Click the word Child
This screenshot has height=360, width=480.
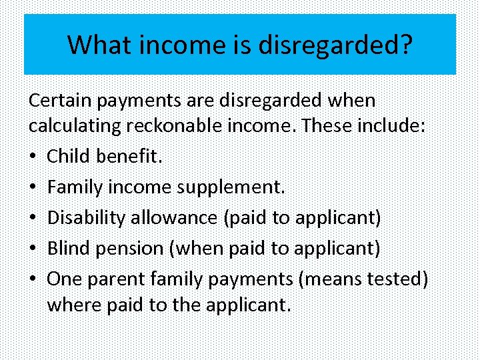(x=69, y=157)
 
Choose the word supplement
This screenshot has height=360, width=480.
(x=231, y=187)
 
